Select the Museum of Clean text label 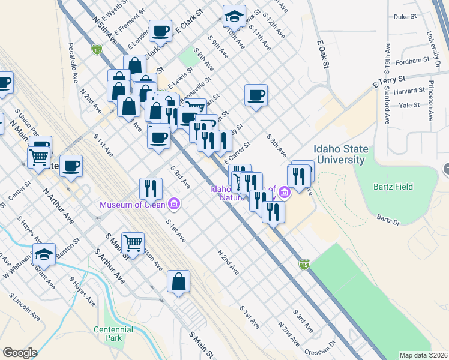(133, 205)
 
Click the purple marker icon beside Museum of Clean (175, 205)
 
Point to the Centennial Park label (113, 334)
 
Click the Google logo (19, 353)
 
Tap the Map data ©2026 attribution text (423, 355)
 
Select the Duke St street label (405, 17)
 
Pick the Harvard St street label (410, 91)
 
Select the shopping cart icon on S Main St (133, 243)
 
